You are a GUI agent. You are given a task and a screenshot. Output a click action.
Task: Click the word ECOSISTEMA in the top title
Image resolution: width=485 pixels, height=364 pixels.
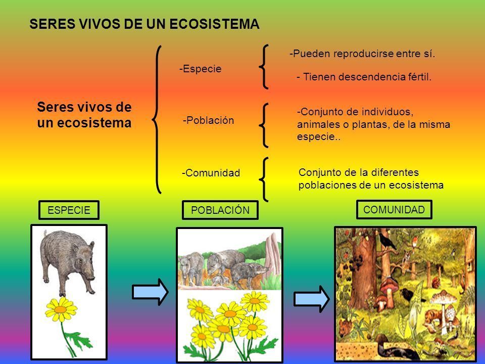click(214, 24)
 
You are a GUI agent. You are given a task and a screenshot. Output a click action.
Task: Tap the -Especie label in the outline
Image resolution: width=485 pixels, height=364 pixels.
click(201, 69)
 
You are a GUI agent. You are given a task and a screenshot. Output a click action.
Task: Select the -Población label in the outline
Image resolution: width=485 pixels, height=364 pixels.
click(209, 120)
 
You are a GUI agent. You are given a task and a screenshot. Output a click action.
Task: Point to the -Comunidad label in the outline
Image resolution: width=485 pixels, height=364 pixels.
click(211, 173)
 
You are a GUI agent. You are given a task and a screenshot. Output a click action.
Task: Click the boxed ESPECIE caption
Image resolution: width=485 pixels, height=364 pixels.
click(69, 210)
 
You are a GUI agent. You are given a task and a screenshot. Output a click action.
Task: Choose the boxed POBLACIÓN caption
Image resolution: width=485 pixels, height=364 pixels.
click(220, 210)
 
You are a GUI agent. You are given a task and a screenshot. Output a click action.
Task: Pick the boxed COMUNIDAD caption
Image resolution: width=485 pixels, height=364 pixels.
click(394, 209)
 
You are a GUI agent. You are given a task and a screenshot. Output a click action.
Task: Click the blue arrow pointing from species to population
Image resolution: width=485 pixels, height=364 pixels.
click(150, 292)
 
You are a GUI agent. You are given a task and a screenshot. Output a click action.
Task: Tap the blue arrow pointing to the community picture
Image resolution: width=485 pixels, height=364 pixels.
click(312, 299)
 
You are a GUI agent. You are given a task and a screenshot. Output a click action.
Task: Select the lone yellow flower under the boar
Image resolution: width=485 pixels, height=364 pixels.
click(61, 309)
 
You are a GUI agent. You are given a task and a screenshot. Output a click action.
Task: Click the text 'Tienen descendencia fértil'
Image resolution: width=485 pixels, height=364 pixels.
click(367, 77)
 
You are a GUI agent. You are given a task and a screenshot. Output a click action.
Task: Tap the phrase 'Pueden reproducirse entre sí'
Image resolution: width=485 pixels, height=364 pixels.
click(364, 54)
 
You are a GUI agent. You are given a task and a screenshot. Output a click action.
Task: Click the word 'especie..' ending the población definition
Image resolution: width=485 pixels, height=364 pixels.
click(319, 137)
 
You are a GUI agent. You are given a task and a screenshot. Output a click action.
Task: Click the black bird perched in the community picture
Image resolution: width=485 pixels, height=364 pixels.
click(386, 240)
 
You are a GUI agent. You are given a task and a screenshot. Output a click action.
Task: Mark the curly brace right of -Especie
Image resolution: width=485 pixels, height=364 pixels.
click(264, 67)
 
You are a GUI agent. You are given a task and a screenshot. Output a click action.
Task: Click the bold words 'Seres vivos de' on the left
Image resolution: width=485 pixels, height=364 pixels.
click(84, 107)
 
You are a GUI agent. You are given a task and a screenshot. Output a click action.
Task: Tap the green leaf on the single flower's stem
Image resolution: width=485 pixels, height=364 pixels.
click(79, 340)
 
